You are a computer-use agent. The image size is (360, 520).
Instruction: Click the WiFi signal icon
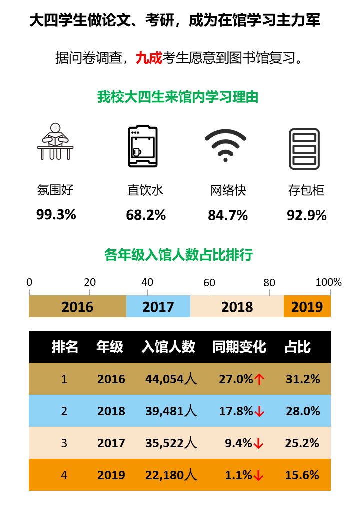(225, 145)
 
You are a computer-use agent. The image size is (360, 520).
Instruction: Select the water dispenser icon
(142, 146)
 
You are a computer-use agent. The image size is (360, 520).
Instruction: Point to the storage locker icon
(304, 148)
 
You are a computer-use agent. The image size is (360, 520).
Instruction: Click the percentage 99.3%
(56, 215)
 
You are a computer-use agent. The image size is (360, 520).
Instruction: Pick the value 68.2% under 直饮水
(146, 215)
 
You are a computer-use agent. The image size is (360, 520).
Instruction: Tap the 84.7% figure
(228, 216)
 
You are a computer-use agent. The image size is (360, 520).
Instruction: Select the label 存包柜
(306, 190)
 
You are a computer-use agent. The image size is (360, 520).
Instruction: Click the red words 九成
(149, 58)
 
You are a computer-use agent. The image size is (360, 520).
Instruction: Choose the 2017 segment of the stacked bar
(158, 306)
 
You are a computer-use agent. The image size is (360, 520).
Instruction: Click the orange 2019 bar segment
(307, 306)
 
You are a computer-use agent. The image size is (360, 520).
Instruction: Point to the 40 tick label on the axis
(147, 282)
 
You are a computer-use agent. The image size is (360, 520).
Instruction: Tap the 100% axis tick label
(329, 282)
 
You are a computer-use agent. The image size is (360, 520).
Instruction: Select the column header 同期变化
(239, 347)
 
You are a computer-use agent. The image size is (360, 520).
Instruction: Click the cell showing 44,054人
(171, 379)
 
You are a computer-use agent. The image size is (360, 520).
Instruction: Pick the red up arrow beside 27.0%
(259, 379)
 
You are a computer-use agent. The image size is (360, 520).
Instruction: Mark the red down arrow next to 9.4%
(258, 443)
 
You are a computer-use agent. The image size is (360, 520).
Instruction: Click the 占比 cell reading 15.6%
(302, 475)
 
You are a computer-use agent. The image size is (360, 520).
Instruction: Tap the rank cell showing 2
(64, 411)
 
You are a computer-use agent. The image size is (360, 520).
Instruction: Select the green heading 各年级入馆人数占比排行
(179, 255)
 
